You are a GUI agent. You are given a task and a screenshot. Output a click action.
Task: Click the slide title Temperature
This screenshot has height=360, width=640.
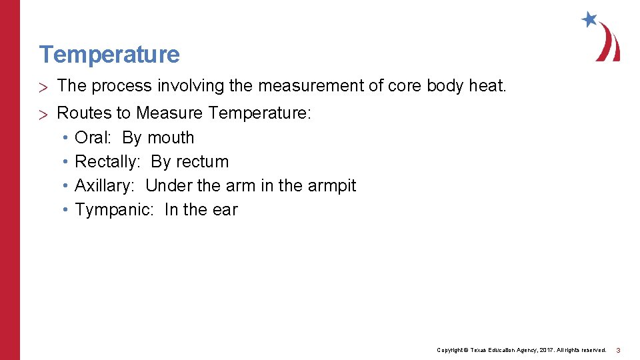click(109, 54)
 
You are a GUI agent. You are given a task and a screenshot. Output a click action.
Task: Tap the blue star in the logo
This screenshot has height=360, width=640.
click(589, 19)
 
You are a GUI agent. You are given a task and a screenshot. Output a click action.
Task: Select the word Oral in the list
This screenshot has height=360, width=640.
click(92, 137)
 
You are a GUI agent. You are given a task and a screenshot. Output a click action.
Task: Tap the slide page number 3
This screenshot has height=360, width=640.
click(618, 350)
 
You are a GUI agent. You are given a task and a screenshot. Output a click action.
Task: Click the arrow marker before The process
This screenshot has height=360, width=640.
click(44, 86)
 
